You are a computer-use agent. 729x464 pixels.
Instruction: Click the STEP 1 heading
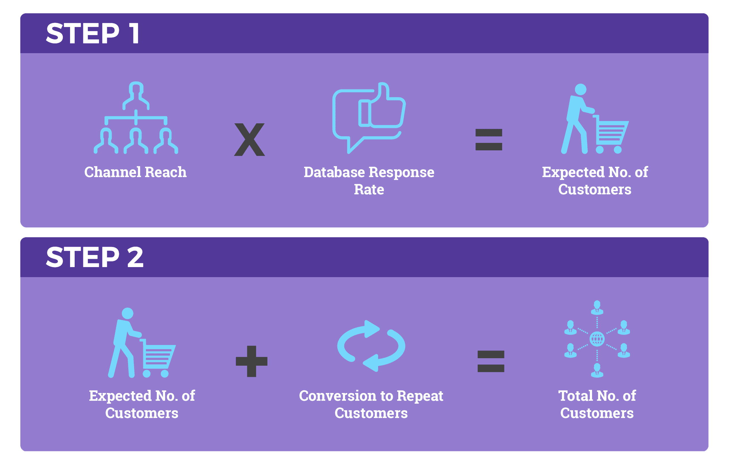click(x=93, y=33)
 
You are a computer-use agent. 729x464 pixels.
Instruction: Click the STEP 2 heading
click(x=94, y=257)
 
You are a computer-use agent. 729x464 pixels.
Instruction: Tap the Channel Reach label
click(x=135, y=172)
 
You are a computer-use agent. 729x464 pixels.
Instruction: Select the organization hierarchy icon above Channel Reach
click(x=136, y=118)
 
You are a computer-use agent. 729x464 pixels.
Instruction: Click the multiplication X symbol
click(x=250, y=140)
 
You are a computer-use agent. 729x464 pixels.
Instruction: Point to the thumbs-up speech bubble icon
click(x=369, y=118)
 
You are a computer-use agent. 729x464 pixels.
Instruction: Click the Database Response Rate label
click(x=369, y=181)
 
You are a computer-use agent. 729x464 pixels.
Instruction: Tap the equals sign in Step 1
click(x=489, y=140)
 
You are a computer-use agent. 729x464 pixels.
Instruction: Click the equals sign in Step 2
click(x=491, y=361)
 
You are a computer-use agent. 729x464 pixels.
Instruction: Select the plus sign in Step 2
click(x=252, y=361)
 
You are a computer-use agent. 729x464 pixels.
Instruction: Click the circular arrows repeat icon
click(x=371, y=346)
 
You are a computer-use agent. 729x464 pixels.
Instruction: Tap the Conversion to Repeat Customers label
click(x=371, y=404)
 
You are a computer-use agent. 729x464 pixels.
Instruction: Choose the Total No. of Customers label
click(x=597, y=404)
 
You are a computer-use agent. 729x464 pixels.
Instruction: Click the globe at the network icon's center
click(x=597, y=339)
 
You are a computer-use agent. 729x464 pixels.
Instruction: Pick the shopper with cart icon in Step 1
click(x=595, y=118)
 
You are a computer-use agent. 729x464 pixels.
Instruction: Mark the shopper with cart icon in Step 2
click(x=142, y=342)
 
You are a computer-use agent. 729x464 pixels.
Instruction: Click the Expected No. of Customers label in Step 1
click(x=595, y=181)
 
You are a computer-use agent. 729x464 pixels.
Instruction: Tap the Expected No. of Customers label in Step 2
click(x=142, y=404)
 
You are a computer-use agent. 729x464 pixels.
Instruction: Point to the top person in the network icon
click(x=597, y=308)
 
